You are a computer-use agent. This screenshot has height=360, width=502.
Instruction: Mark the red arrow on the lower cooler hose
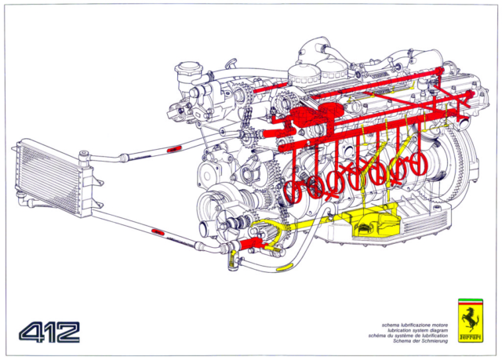pyautogui.click(x=157, y=232)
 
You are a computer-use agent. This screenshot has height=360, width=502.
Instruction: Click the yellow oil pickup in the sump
pyautogui.click(x=368, y=227)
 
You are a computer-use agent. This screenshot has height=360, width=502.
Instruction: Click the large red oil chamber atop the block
pyautogui.click(x=326, y=117)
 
